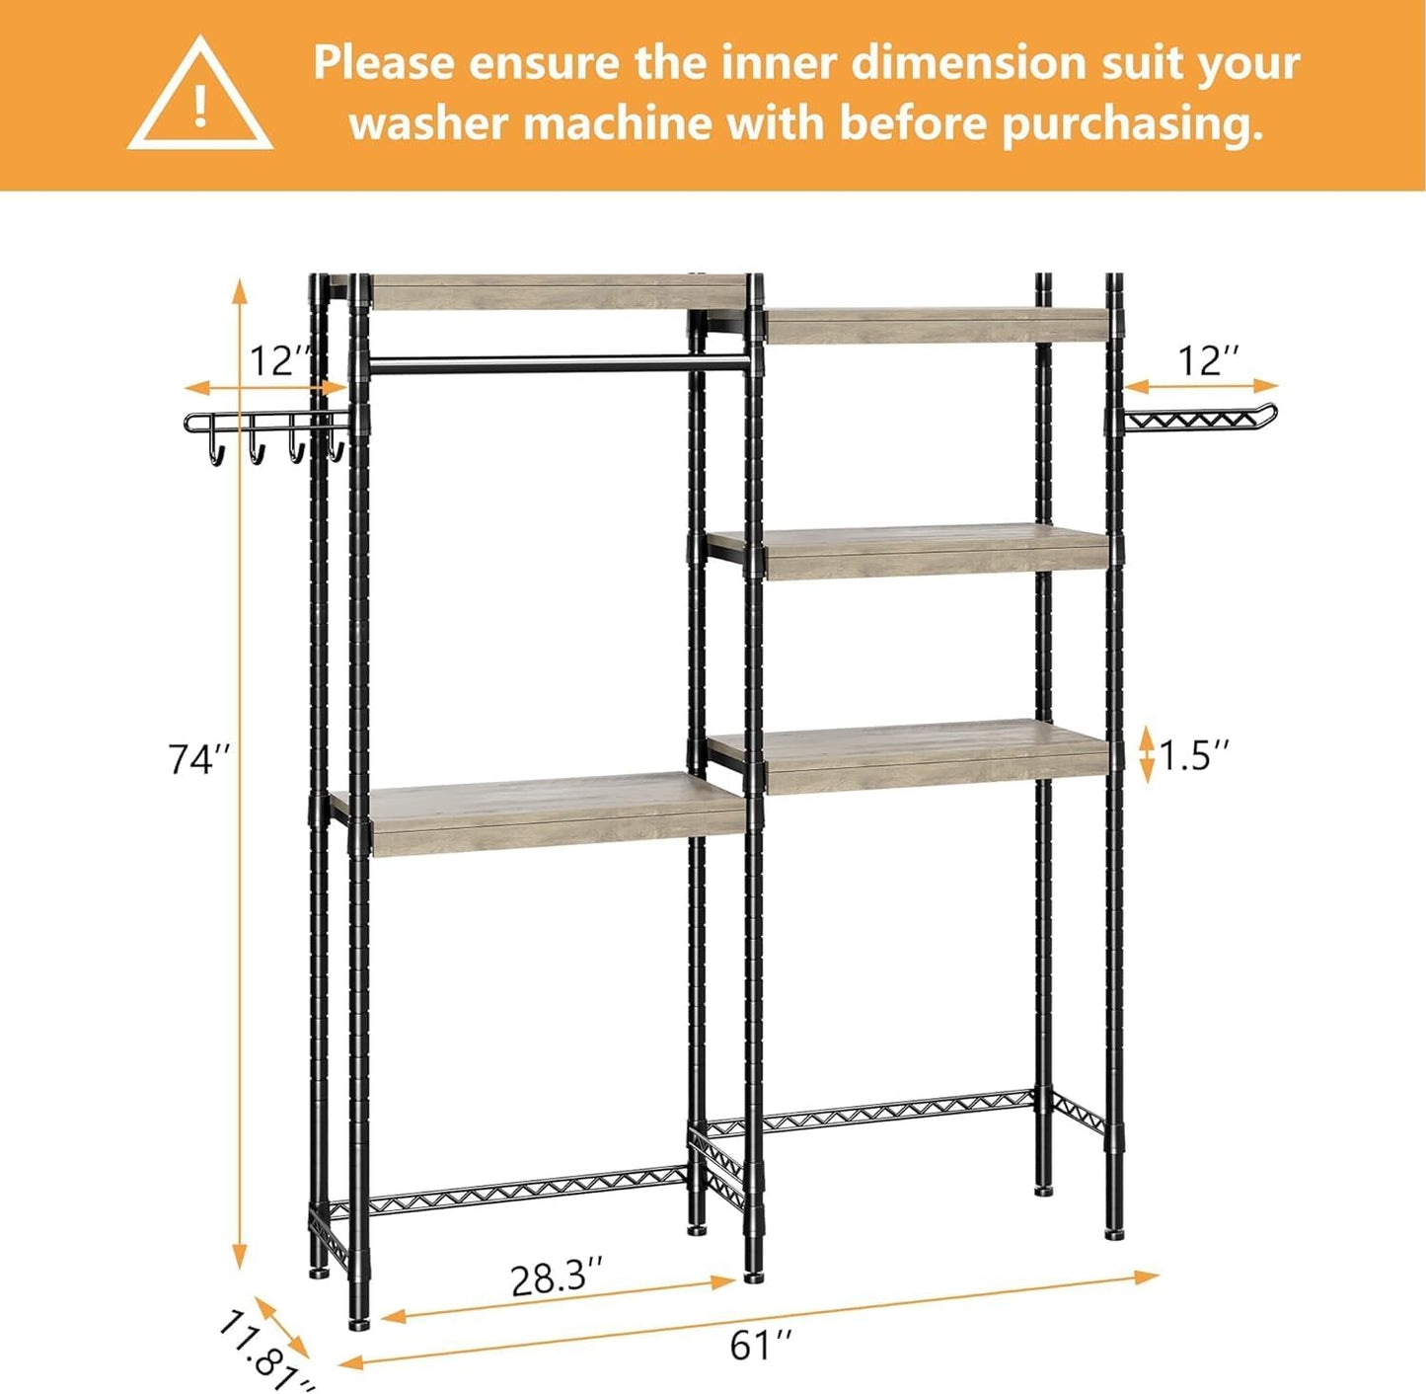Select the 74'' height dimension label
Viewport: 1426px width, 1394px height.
[x=199, y=760]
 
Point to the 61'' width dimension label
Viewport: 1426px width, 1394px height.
[x=761, y=1345]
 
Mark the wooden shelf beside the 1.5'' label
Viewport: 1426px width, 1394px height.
[x=918, y=758]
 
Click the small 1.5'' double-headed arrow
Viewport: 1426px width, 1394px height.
[x=1146, y=754]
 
